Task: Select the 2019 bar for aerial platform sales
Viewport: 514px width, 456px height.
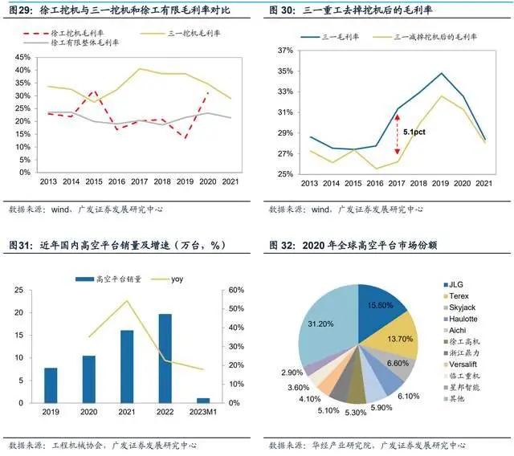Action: [51, 385]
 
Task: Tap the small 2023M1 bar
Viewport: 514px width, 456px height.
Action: [203, 399]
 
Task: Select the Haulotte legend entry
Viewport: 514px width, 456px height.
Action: [463, 319]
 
